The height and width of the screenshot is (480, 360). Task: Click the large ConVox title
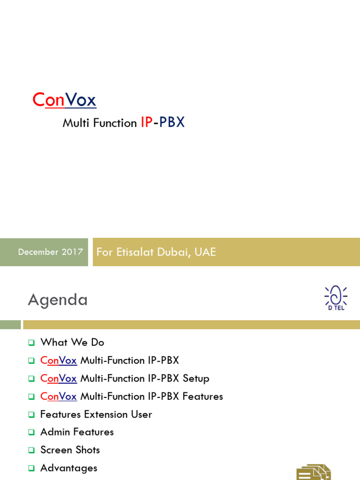[64, 100]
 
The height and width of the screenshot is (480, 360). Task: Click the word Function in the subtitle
[115, 123]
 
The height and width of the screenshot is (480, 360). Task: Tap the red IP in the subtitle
[146, 122]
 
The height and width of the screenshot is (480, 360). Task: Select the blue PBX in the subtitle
[172, 122]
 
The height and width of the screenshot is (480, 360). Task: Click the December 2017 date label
[50, 252]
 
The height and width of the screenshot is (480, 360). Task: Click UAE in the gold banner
[205, 252]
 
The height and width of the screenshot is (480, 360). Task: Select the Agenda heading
[58, 300]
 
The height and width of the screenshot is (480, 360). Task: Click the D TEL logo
[336, 298]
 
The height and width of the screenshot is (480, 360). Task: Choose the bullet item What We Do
[72, 342]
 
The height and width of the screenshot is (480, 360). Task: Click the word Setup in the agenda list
[196, 378]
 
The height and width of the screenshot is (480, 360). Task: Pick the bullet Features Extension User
[96, 414]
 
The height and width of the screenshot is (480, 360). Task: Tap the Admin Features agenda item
[77, 432]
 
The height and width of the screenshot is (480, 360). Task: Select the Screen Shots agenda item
[70, 450]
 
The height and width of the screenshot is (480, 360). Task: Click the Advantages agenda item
[69, 468]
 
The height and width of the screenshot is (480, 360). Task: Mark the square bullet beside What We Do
[31, 343]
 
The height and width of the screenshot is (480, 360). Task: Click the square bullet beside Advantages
[31, 468]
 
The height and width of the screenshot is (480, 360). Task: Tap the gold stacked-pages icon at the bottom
[313, 472]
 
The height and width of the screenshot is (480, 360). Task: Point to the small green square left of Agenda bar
[10, 325]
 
